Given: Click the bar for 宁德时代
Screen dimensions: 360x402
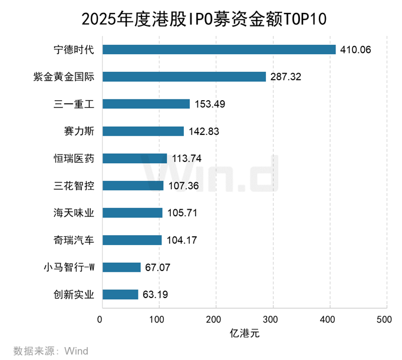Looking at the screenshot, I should [219, 49].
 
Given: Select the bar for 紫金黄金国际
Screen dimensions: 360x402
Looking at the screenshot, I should [184, 77].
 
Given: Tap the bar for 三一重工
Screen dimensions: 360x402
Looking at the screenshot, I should [146, 104].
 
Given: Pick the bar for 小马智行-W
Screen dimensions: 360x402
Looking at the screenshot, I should [121, 267].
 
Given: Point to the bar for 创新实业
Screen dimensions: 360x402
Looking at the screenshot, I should [120, 295].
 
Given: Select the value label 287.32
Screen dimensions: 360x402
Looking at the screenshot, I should [286, 77].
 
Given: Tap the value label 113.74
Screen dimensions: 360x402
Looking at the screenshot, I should [187, 158].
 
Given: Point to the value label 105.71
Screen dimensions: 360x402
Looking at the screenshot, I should [183, 213].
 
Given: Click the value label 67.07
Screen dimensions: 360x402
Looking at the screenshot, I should [157, 267].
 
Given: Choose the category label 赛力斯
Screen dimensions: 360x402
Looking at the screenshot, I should [81, 131].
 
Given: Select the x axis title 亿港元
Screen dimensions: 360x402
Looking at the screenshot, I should [244, 333].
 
